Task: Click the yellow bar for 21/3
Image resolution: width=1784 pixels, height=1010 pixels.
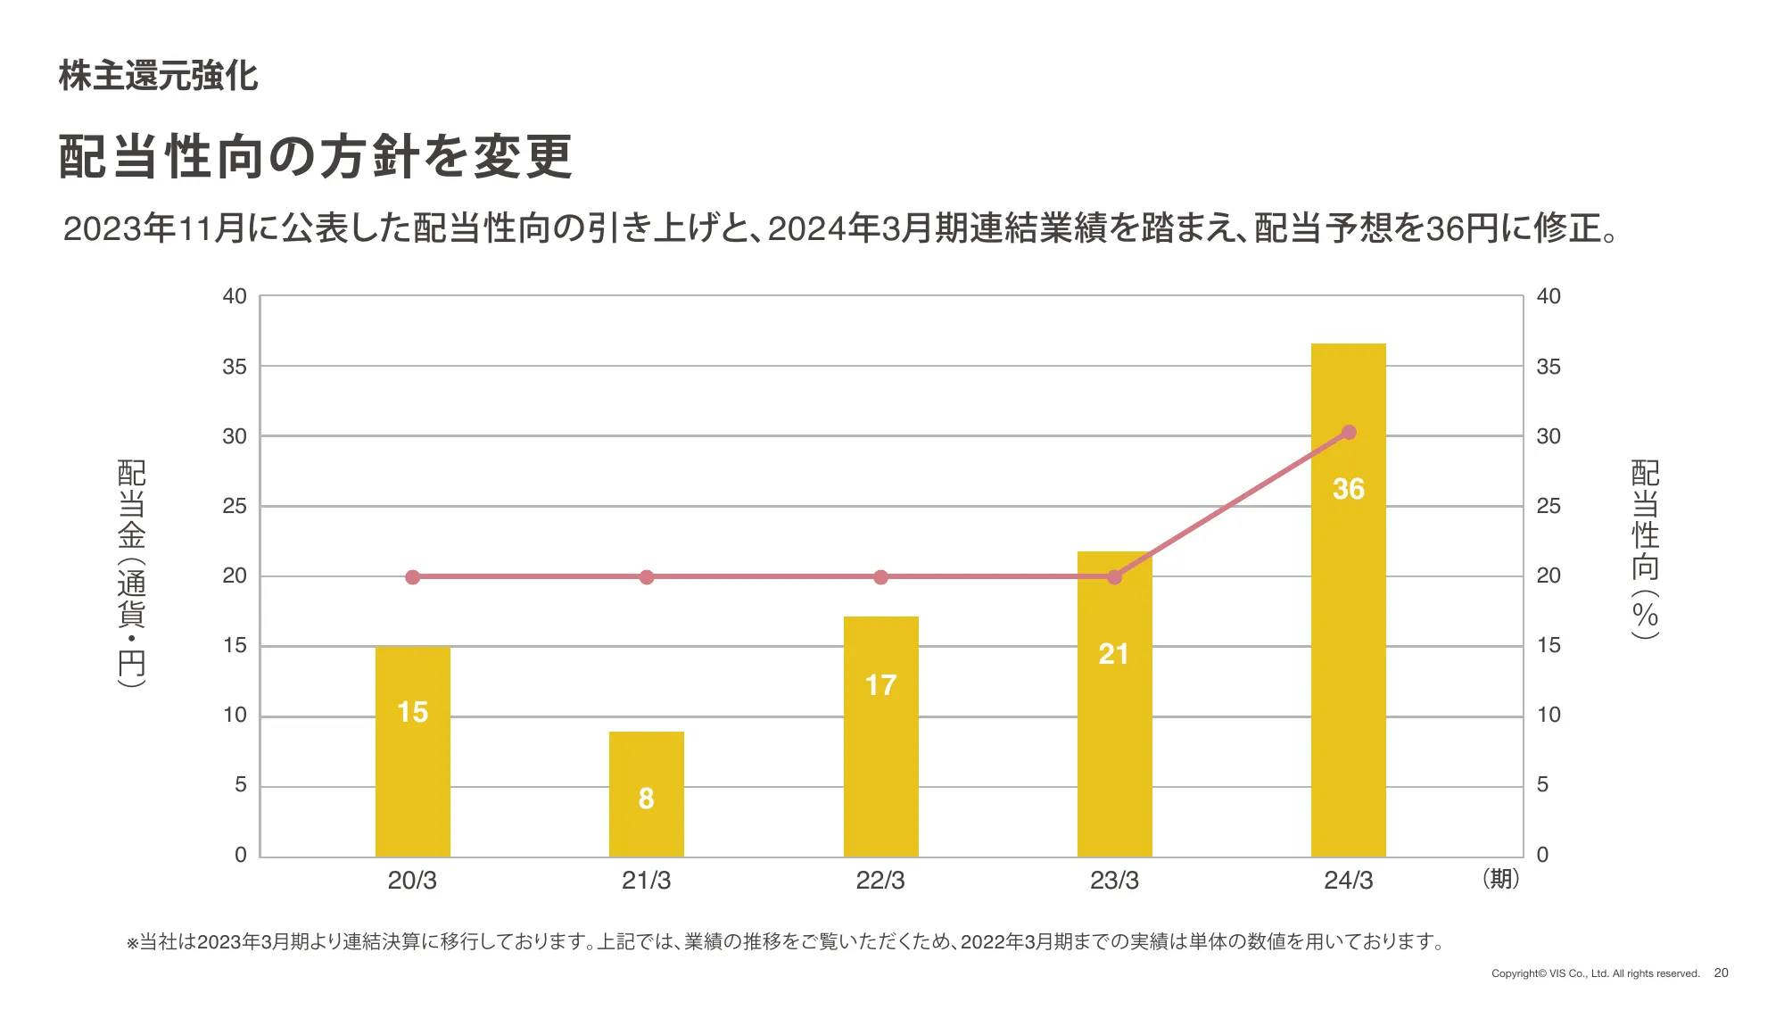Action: click(x=646, y=793)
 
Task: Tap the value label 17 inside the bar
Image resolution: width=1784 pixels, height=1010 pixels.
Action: click(x=880, y=685)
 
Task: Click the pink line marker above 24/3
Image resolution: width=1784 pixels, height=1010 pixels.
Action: click(x=1349, y=433)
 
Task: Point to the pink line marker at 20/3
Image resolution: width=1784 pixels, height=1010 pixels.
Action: click(x=412, y=577)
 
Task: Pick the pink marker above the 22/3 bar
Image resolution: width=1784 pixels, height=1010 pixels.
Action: click(x=880, y=577)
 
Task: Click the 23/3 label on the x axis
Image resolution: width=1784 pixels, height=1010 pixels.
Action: click(x=1114, y=881)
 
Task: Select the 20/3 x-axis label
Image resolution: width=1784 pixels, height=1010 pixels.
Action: click(x=412, y=881)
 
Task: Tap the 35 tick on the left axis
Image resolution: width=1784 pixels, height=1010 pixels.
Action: click(x=235, y=367)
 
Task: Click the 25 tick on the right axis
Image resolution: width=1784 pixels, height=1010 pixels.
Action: click(x=1549, y=506)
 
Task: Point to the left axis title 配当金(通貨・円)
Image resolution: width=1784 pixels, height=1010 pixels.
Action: click(x=132, y=573)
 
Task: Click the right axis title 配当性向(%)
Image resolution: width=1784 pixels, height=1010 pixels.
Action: click(x=1645, y=549)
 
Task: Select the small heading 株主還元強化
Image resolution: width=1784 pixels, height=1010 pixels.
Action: click(x=159, y=76)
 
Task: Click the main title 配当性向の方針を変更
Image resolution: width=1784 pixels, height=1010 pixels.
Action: click(x=316, y=157)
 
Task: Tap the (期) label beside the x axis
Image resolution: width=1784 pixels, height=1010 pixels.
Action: click(x=1500, y=879)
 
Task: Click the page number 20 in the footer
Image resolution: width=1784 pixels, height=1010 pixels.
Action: click(x=1721, y=973)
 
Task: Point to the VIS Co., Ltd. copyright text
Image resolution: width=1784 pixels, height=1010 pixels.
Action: click(x=1595, y=973)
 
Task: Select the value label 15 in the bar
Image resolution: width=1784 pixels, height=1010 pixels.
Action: click(x=412, y=712)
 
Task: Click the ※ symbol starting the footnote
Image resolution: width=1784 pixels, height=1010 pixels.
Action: click(x=133, y=943)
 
